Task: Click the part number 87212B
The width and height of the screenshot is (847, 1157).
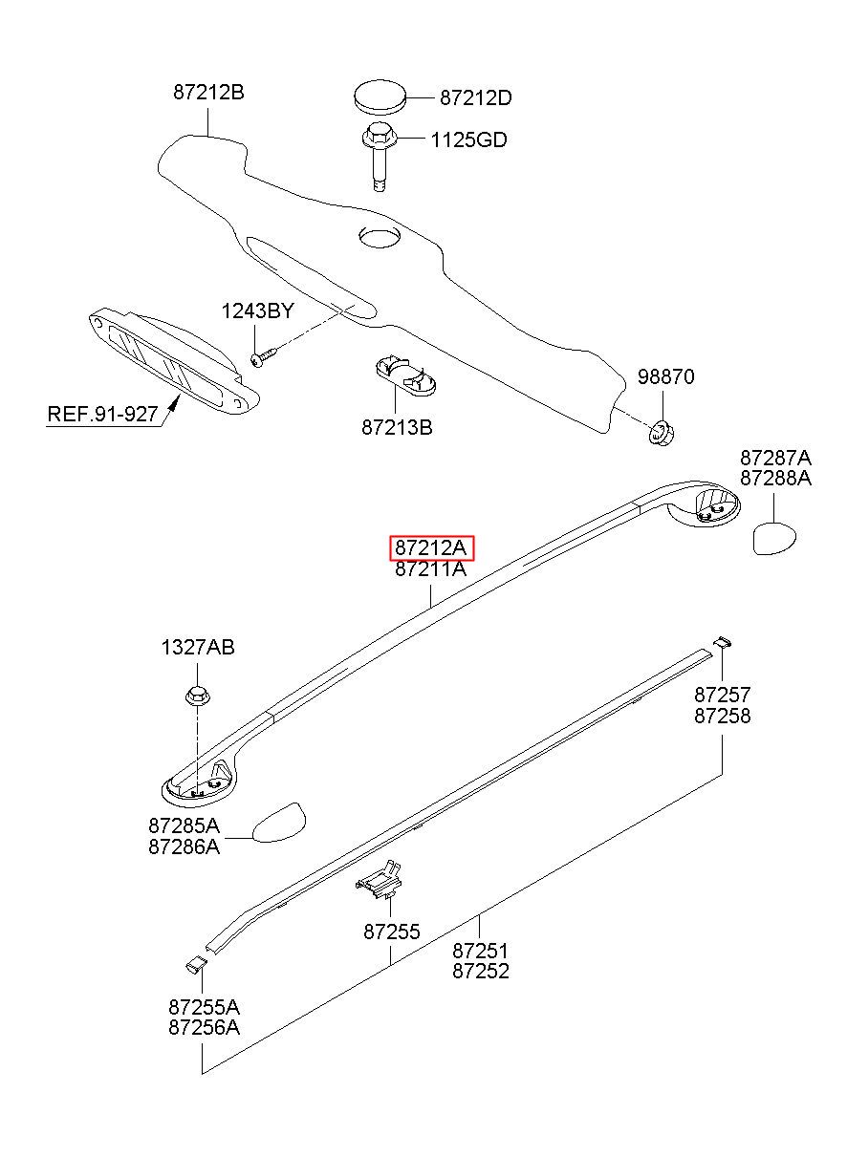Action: tap(208, 93)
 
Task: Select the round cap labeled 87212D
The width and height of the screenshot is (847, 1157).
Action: tap(380, 96)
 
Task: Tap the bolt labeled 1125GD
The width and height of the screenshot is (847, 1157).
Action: tap(380, 157)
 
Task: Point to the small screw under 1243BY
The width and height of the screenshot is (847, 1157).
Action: tap(264, 357)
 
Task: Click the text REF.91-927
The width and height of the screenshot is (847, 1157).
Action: tap(102, 414)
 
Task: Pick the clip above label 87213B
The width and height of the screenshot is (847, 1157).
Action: tap(404, 375)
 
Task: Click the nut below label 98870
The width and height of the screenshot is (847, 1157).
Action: tap(662, 433)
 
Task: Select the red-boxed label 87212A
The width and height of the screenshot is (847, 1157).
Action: tap(431, 547)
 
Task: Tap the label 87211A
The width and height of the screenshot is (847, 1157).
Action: tap(431, 569)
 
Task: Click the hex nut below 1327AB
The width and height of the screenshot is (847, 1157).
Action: tap(197, 696)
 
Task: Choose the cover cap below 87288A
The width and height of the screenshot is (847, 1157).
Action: tap(773, 539)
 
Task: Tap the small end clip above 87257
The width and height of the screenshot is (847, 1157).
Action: tap(723, 642)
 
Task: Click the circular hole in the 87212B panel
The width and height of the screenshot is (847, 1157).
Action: tap(380, 237)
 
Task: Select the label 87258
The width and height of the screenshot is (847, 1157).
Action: tap(722, 717)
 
